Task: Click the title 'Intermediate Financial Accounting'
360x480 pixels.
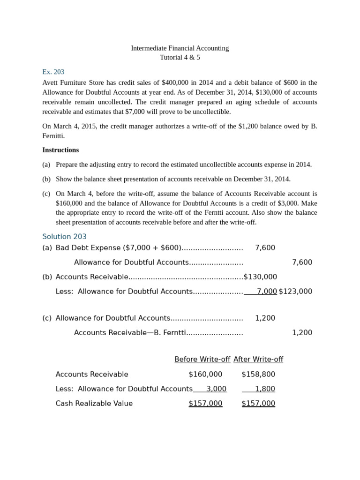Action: (180, 48)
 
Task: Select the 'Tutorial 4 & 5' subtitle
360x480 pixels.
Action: (180, 57)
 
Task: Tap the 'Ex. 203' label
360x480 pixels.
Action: (53, 72)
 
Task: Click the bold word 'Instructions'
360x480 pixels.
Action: (60, 150)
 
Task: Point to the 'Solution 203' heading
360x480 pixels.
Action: (64, 237)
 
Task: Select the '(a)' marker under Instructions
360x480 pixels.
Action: (46, 165)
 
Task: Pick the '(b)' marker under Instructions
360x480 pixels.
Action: (46, 179)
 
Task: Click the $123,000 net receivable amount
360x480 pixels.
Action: (295, 292)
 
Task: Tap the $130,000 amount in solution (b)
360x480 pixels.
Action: (261, 277)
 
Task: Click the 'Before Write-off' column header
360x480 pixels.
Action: (202, 360)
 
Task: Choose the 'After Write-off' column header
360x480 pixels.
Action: (258, 360)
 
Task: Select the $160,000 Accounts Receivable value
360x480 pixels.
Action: (205, 374)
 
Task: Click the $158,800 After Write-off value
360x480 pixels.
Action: (258, 374)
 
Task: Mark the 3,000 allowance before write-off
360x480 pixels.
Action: (216, 389)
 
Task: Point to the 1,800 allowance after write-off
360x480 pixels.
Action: (265, 389)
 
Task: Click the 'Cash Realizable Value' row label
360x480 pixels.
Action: (94, 403)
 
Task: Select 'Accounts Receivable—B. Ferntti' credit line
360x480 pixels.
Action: (130, 333)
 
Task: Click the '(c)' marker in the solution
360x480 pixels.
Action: (47, 318)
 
